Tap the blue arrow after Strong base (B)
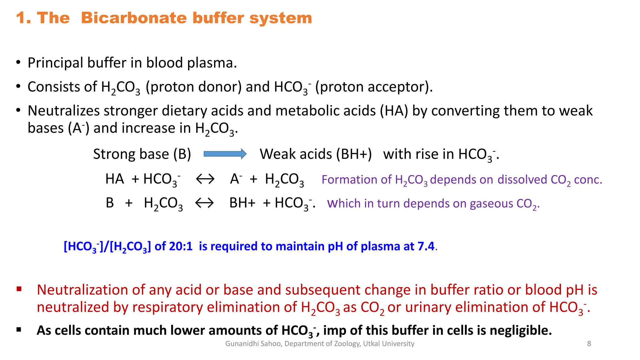pyautogui.click(x=225, y=154)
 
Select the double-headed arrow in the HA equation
pyautogui.click(x=205, y=179)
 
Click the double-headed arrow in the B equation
pyautogui.click(x=204, y=203)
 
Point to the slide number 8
pyautogui.click(x=589, y=344)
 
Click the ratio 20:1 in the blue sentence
pyautogui.click(x=181, y=246)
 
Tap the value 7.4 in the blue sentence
pyautogui.click(x=426, y=246)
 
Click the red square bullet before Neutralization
pyautogui.click(x=19, y=289)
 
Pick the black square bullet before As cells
pyautogui.click(x=19, y=329)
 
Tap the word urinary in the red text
pyautogui.click(x=428, y=307)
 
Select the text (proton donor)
pyautogui.click(x=194, y=87)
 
